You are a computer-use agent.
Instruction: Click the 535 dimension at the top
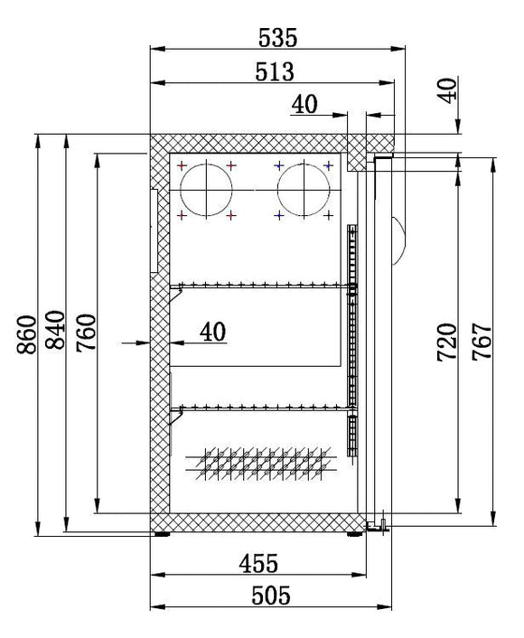278,37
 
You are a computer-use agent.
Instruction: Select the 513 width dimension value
275,71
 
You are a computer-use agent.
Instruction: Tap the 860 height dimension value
27,334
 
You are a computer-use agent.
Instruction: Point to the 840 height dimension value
55,330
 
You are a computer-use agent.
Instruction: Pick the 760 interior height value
86,333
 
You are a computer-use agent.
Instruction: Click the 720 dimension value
446,342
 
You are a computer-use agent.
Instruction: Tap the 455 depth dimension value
258,564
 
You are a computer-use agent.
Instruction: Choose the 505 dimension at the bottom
271,596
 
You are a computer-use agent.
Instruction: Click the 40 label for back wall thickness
213,332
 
